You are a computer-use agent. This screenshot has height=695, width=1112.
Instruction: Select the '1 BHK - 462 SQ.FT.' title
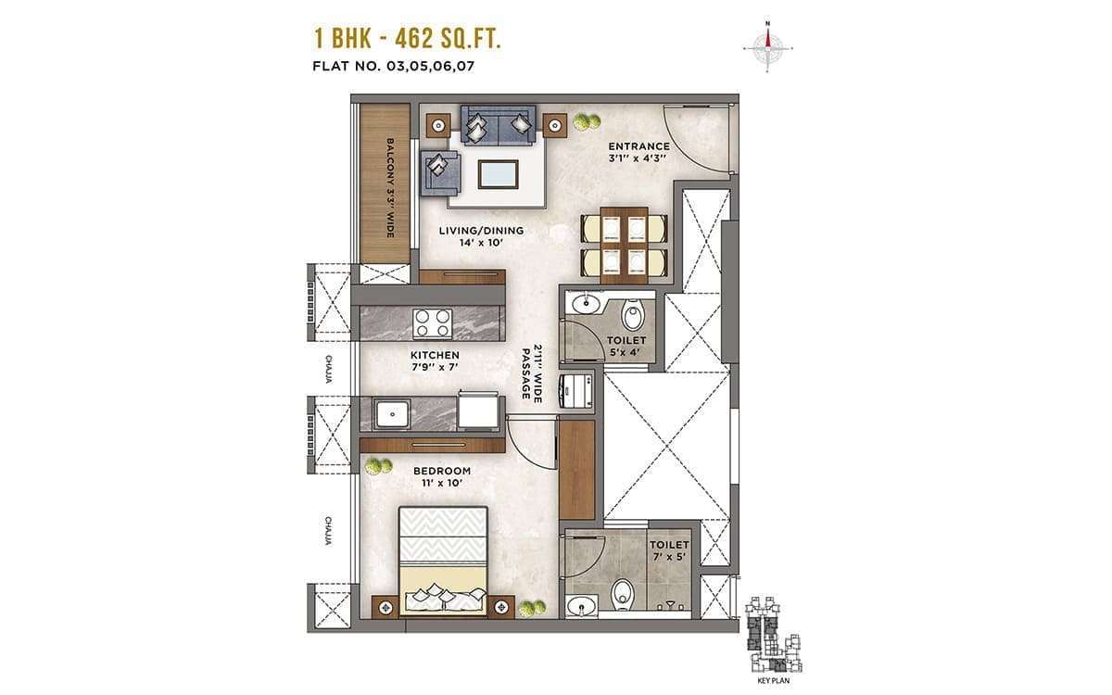click(408, 39)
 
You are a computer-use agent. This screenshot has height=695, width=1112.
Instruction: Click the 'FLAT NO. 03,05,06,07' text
click(393, 66)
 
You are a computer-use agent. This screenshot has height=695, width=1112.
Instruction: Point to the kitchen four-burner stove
click(432, 323)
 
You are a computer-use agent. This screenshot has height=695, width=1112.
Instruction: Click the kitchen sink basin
click(392, 414)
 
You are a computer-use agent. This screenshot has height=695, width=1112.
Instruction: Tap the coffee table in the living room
click(498, 174)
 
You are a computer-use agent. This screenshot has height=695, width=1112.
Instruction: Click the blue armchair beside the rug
click(441, 173)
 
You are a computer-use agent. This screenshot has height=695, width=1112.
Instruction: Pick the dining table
click(624, 246)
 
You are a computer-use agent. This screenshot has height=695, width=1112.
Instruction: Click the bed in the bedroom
click(443, 562)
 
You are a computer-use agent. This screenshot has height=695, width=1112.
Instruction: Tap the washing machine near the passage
click(575, 391)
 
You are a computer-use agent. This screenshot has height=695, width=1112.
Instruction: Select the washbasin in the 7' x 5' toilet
click(582, 607)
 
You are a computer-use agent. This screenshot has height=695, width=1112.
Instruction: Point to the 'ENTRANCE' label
click(638, 146)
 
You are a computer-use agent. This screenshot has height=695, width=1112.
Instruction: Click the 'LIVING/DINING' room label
click(481, 231)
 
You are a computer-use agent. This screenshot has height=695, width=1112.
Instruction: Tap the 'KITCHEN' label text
click(435, 356)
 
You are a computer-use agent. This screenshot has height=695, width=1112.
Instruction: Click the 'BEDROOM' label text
click(442, 471)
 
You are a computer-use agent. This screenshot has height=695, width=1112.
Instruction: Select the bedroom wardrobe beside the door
click(576, 470)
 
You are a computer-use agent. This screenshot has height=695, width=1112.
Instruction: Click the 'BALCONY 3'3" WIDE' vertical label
click(390, 187)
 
